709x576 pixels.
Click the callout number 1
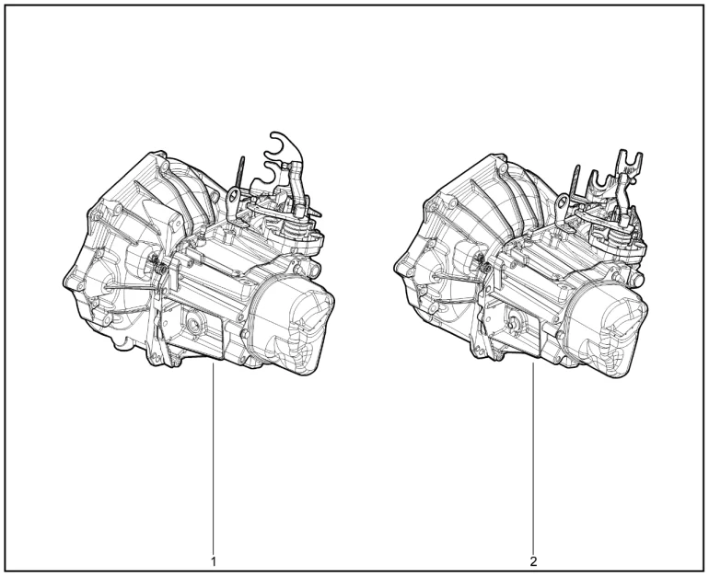coord(214,561)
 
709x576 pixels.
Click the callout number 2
coord(534,561)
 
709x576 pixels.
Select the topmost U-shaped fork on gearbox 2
coord(629,161)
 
